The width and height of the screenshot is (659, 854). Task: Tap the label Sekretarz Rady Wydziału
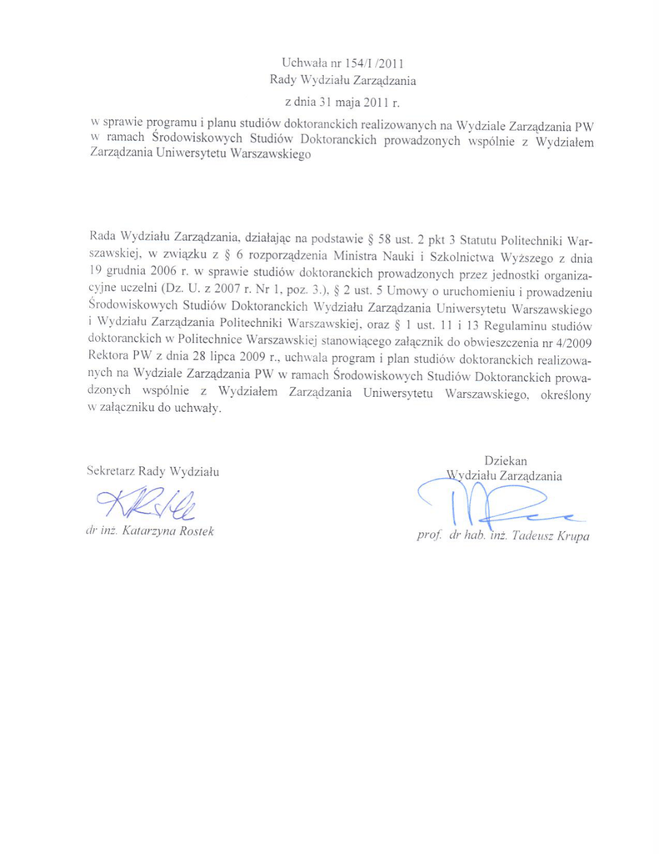pyautogui.click(x=152, y=471)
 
